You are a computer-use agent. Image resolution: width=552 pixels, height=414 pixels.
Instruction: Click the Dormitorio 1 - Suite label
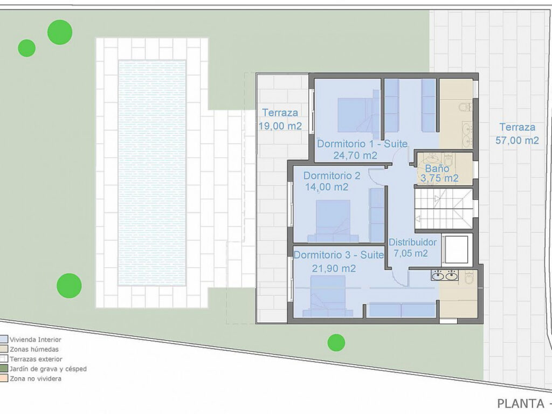(362, 143)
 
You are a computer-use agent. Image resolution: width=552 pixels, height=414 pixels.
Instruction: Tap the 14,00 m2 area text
(326, 187)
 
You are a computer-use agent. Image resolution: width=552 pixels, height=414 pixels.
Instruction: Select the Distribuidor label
(412, 242)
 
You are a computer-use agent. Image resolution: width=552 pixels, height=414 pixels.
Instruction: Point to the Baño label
(437, 168)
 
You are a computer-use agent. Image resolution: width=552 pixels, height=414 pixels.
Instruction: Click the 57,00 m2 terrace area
(517, 140)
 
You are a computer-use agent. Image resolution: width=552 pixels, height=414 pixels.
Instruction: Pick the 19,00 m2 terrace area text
(280, 126)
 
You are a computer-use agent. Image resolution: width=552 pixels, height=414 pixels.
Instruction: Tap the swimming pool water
(152, 172)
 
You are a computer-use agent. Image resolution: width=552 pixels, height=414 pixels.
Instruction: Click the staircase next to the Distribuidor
(444, 209)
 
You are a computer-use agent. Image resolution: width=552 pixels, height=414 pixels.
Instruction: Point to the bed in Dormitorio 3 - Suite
(328, 296)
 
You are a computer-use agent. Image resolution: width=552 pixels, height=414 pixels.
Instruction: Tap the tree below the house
(336, 342)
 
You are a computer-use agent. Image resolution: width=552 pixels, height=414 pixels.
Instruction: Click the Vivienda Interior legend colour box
(3, 340)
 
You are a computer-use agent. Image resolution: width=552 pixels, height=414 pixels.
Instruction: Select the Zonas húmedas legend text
(34, 349)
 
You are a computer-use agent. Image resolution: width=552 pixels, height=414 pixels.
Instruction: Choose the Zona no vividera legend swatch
(3, 378)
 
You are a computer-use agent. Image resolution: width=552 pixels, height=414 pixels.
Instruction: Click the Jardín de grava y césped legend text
(48, 369)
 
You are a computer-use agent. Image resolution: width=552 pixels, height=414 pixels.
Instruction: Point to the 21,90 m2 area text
(334, 268)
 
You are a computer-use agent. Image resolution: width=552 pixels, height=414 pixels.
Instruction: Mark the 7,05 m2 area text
(410, 253)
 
